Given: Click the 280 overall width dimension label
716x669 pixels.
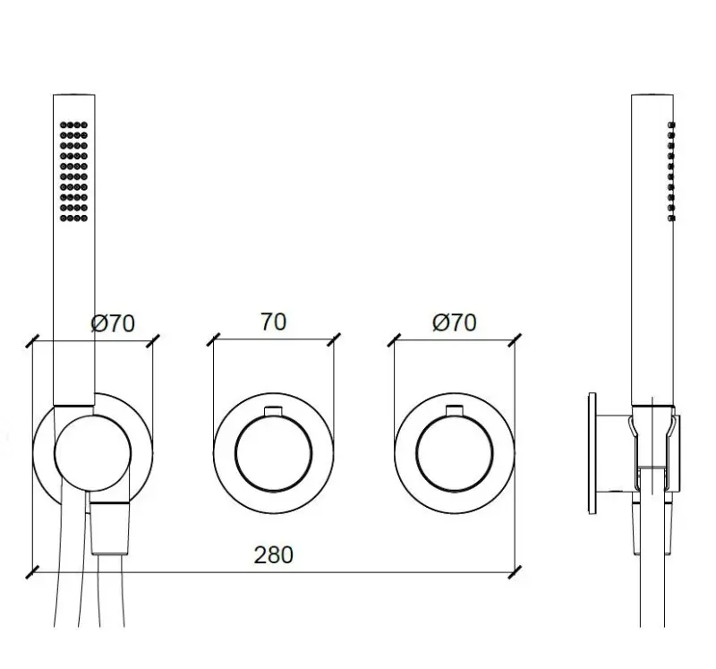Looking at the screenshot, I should coord(273,555).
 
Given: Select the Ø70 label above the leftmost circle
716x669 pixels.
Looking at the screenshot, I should coord(113,323).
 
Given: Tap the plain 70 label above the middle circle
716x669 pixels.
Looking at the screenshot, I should coord(273,322).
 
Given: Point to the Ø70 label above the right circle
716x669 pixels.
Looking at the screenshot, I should coord(455,322).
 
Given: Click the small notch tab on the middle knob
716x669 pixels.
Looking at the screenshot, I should coord(273,411).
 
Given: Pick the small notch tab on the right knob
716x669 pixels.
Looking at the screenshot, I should coord(455,411).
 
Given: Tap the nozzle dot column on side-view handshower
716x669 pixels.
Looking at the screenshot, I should coord(671,170).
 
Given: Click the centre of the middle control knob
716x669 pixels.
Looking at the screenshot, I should coord(273,452).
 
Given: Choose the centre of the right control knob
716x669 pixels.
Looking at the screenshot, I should coord(455,452).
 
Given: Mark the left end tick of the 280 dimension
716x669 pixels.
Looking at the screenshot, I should coord(33,570).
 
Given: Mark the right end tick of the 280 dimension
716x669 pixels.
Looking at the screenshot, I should coord(516,570).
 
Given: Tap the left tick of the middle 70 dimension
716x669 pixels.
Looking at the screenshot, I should coord(213,340).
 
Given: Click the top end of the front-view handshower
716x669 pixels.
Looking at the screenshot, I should coord(73,96).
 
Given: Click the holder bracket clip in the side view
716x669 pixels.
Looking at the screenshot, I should coord(652,439).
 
